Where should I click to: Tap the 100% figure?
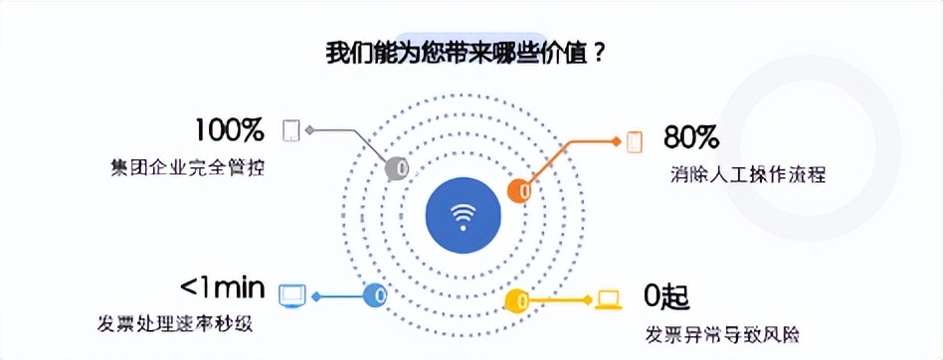pyautogui.click(x=229, y=130)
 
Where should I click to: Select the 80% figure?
pyautogui.click(x=692, y=135)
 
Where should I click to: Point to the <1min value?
pyautogui.click(x=222, y=288)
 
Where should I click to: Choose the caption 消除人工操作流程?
pyautogui.click(x=749, y=174)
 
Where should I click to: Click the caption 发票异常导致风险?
pyautogui.click(x=722, y=332)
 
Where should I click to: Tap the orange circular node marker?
pyautogui.click(x=519, y=191)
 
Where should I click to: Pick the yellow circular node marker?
pyautogui.click(x=518, y=299)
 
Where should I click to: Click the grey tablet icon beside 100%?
pyautogui.click(x=292, y=130)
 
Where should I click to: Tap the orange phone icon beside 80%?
pyautogui.click(x=635, y=140)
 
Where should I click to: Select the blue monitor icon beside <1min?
pyautogui.click(x=291, y=295)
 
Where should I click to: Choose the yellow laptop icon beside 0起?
pyautogui.click(x=607, y=299)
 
